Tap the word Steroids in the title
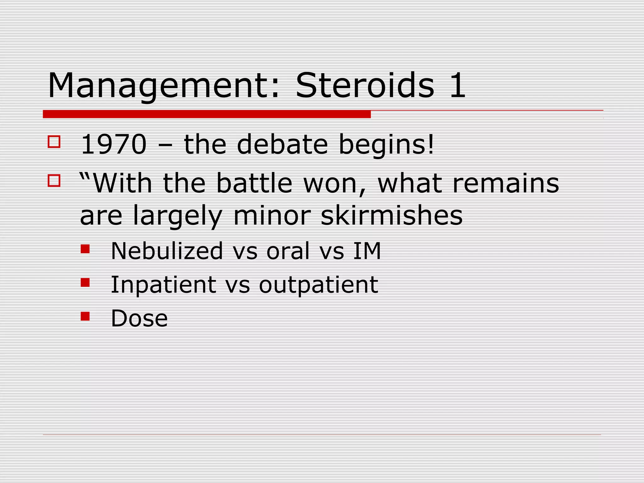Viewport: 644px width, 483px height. tap(365, 85)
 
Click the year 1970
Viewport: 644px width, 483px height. tap(114, 144)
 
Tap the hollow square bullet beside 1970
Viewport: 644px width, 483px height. tap(54, 142)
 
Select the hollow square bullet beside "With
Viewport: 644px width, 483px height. tap(54, 180)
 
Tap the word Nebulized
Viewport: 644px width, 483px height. tap(167, 251)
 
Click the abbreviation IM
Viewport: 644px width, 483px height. tap(367, 251)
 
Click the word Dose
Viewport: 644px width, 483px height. tap(139, 318)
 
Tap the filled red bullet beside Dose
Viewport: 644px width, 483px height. tap(85, 316)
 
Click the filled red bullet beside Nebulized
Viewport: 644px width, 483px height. tap(85, 249)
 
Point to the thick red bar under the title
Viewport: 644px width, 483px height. tap(207, 114)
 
